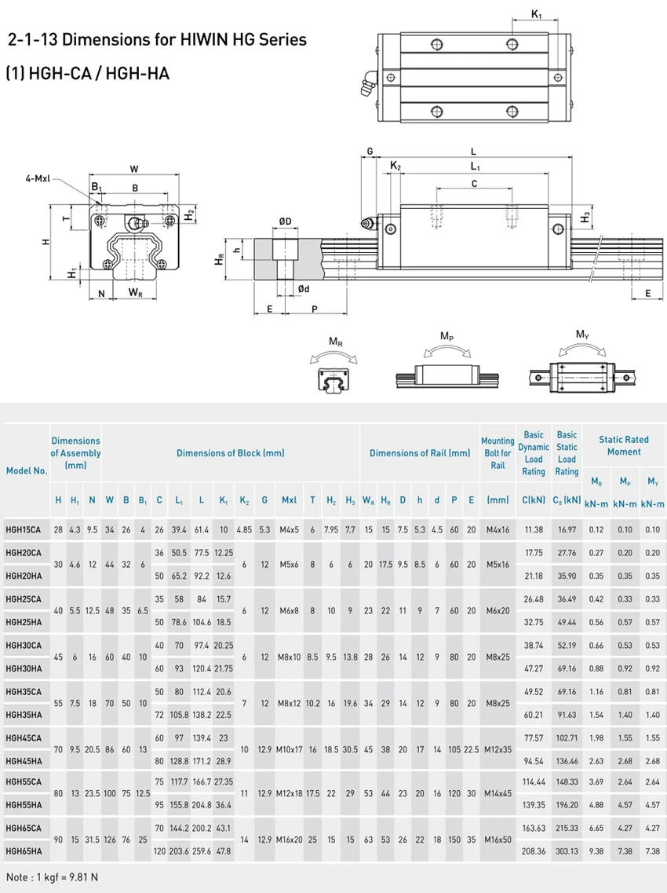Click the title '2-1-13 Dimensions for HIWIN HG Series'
coord(156,39)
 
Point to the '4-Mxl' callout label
coord(37,179)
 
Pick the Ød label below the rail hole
coord(304,289)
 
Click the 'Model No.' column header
coord(27,470)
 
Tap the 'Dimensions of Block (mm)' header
coord(230,453)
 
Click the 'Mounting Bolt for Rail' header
coord(498,453)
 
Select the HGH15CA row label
coord(24,529)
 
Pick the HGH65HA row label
coord(24,850)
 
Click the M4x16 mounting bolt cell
coord(498,529)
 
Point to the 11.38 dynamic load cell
coord(533,529)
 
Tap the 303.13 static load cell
coord(567,850)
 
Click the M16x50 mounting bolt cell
coord(498,838)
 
